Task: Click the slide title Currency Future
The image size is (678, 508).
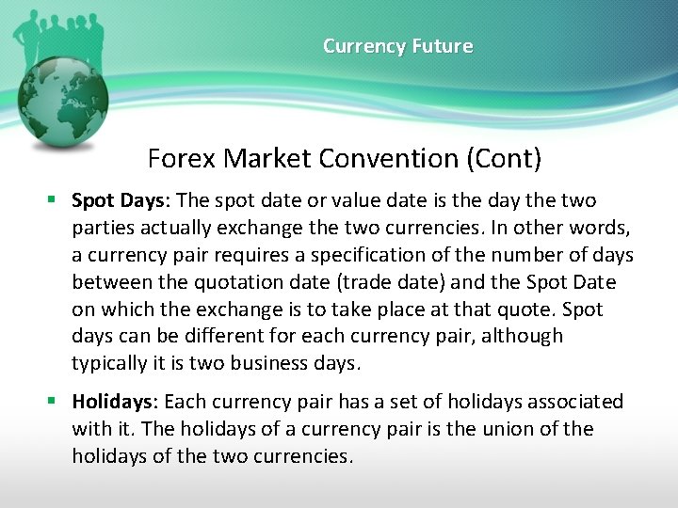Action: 397,46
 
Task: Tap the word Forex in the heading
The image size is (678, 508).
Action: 182,158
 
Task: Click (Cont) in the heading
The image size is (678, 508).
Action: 504,158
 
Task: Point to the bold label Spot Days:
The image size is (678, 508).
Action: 121,201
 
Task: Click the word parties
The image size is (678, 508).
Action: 101,229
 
